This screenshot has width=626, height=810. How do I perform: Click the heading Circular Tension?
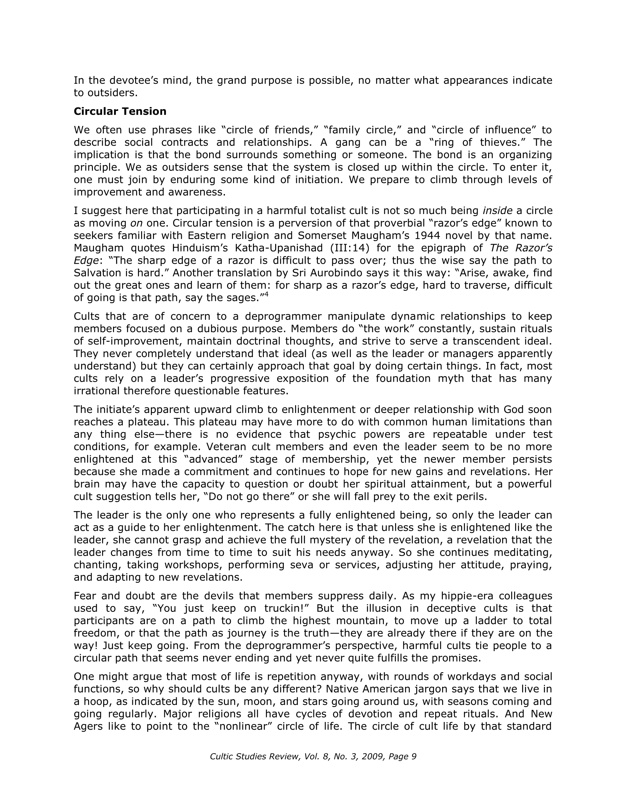click(x=120, y=111)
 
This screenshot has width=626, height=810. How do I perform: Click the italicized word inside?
click(x=497, y=211)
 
